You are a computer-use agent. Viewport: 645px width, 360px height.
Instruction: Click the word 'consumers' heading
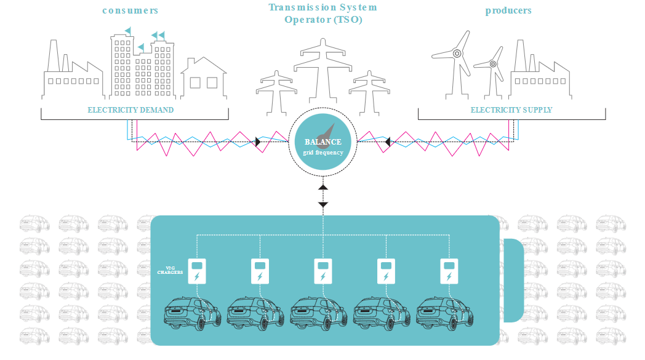[x=130, y=10]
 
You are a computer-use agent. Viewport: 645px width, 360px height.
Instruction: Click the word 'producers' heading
[x=508, y=10]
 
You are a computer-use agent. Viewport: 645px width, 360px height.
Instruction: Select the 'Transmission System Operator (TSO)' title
[x=322, y=14]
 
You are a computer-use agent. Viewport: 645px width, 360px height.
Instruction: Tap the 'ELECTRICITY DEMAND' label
[x=130, y=110]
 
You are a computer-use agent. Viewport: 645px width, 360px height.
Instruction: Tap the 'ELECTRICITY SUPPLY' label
[x=511, y=110]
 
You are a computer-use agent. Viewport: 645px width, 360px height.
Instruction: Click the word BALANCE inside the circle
[x=322, y=142]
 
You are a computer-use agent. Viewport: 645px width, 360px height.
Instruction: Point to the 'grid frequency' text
[x=322, y=152]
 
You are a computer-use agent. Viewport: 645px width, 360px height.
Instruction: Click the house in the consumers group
[x=204, y=79]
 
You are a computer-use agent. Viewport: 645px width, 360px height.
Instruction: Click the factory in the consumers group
[x=71, y=74]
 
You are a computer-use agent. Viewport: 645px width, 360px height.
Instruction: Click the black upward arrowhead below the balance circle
[x=323, y=186]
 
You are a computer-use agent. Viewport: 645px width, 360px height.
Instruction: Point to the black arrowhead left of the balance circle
[x=258, y=142]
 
